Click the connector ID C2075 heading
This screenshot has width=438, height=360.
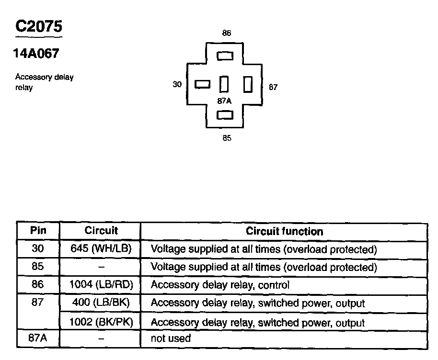pos(38,26)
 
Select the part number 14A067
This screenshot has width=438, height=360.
pos(36,54)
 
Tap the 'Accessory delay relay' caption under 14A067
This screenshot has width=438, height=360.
pos(45,82)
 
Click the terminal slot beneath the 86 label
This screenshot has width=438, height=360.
pos(225,56)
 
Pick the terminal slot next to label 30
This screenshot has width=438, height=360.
pos(203,85)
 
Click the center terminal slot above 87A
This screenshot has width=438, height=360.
pos(224,85)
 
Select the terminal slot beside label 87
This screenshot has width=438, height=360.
pos(248,85)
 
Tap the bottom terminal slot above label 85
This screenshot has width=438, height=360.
pos(225,115)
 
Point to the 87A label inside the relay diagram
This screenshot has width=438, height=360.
pos(224,101)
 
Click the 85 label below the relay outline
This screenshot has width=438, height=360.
pos(227,138)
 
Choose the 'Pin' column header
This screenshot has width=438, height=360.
pos(38,230)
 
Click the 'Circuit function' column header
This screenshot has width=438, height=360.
pos(284,231)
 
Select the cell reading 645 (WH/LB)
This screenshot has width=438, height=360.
pos(101,249)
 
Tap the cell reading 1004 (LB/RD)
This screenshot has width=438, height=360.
pos(101,285)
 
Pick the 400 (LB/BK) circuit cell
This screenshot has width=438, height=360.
pos(101,303)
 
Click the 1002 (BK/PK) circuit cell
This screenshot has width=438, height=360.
pos(101,322)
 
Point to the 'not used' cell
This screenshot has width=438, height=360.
pos(171,339)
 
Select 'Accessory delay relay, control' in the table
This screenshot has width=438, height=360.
pos(220,285)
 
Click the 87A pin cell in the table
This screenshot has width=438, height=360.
pos(38,338)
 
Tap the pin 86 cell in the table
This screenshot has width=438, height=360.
pos(38,285)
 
